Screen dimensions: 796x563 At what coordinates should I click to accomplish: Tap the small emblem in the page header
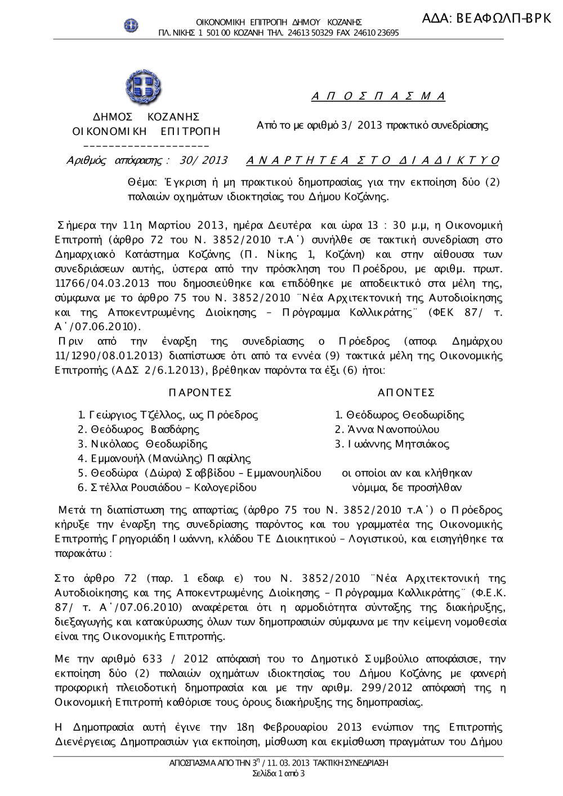point(131,25)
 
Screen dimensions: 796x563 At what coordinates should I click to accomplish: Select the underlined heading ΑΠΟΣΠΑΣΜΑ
point(378,96)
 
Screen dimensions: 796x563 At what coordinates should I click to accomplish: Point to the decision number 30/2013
point(203,161)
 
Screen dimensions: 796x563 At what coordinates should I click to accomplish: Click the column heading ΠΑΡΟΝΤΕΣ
point(200,393)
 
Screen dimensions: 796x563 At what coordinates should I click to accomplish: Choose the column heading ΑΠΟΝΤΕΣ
point(406,393)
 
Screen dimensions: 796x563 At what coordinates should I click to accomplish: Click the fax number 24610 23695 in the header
point(376,33)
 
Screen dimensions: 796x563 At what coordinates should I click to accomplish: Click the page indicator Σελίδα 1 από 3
point(279,773)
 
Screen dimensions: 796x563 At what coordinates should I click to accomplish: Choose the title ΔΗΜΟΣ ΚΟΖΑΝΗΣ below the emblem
point(146,117)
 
